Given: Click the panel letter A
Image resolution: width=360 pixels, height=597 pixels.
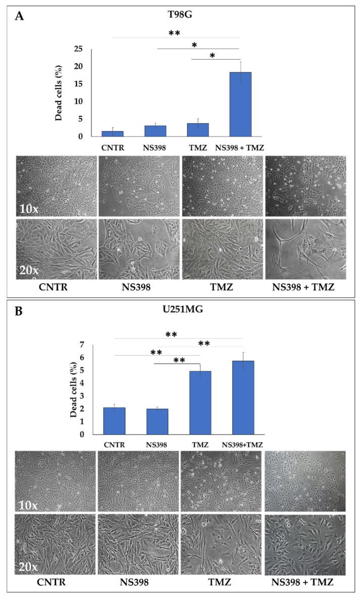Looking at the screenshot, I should point(19,16).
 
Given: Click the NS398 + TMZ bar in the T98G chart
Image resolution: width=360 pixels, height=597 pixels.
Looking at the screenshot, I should point(240,104).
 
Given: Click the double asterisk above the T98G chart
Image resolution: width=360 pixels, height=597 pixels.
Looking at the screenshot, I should point(175,33).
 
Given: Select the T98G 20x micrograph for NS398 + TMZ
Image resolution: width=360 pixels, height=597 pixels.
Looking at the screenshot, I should point(305,248).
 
